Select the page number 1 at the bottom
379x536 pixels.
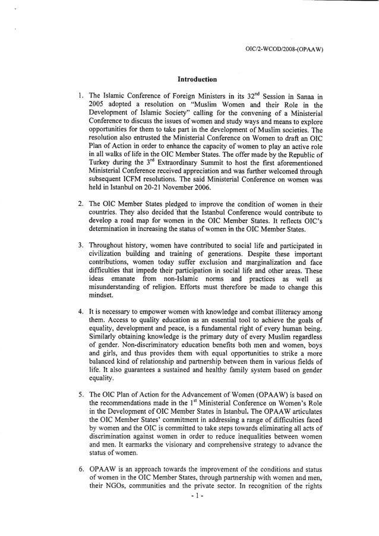(189, 510)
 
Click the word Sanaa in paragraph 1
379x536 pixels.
(305, 96)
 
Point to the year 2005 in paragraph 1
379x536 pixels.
(97, 104)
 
